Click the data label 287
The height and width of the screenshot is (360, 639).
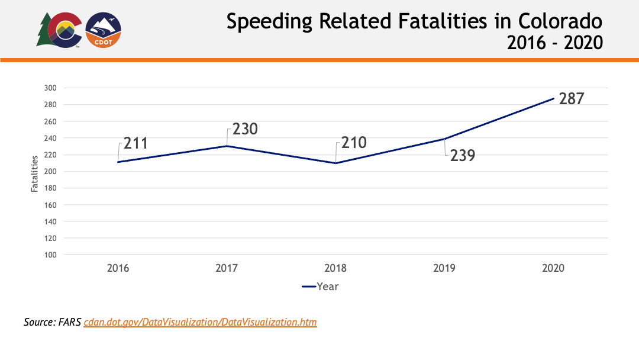[571, 98]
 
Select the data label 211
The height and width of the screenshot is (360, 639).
[135, 144]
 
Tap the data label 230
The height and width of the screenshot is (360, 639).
[244, 128]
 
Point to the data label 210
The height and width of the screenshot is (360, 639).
[353, 143]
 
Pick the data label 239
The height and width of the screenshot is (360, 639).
[462, 155]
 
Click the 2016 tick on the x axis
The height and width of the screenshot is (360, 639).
[118, 268]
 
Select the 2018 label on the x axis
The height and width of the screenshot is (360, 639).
[335, 268]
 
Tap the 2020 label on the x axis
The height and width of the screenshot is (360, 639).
[553, 268]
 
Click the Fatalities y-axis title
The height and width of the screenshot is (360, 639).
[35, 173]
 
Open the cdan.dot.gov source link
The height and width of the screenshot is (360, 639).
[200, 323]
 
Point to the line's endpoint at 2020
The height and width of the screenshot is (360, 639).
[553, 99]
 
